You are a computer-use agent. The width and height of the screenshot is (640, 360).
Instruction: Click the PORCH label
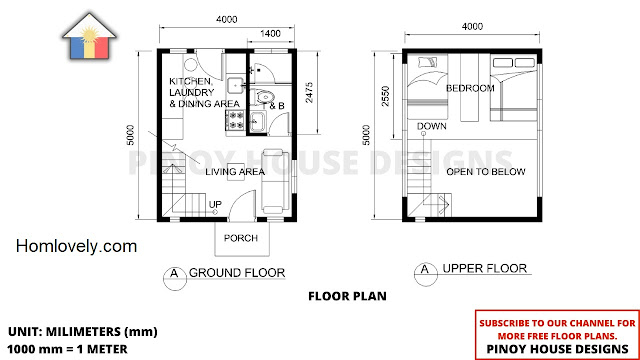click(x=240, y=238)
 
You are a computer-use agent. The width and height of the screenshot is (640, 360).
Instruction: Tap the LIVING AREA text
click(x=235, y=172)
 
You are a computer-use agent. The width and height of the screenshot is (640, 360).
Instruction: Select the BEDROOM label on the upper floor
click(x=470, y=88)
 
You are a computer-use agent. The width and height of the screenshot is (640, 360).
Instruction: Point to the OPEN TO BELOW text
click(x=486, y=172)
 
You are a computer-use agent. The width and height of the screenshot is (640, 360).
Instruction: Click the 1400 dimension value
click(x=270, y=33)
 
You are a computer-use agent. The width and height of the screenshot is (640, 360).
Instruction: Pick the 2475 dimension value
click(x=309, y=92)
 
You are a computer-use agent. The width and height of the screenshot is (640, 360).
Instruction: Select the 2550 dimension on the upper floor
click(x=385, y=96)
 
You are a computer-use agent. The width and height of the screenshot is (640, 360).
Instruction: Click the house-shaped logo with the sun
click(x=90, y=36)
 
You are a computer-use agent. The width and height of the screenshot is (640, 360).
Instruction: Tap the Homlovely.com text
click(x=76, y=246)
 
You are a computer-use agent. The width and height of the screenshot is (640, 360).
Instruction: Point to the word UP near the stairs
click(x=215, y=204)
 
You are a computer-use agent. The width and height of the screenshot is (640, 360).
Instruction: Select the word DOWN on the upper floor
click(x=431, y=126)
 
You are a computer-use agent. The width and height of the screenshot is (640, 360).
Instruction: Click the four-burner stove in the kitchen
click(x=235, y=120)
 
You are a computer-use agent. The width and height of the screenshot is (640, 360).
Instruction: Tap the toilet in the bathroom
click(x=263, y=98)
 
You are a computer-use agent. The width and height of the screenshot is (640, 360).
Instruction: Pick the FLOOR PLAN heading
click(x=347, y=296)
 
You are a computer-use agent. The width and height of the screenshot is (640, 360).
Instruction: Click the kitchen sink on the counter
click(x=236, y=86)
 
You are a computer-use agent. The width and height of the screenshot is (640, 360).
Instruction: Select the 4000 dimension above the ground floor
click(x=227, y=19)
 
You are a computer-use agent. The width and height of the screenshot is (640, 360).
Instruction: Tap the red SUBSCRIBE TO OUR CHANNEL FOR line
click(x=558, y=323)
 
